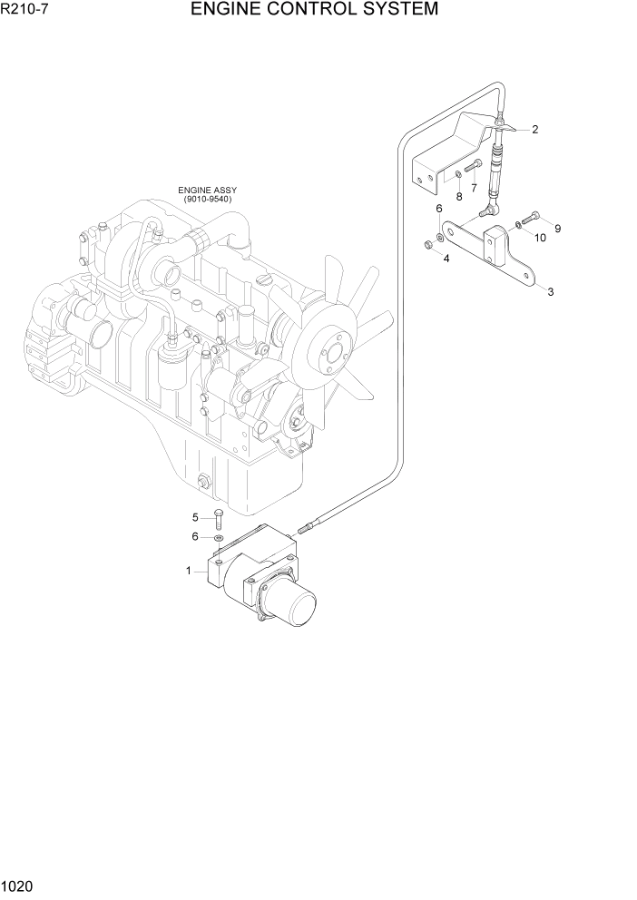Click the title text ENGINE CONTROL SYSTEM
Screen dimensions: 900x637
point(315,10)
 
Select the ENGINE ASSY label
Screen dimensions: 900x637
point(207,191)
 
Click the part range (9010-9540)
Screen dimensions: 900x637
point(207,200)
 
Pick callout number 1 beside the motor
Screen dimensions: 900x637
point(189,571)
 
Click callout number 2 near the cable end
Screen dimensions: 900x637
point(534,129)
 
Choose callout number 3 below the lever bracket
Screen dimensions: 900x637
point(549,291)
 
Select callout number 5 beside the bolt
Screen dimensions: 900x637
point(194,517)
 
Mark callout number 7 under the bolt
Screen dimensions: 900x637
point(473,187)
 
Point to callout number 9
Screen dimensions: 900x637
point(557,229)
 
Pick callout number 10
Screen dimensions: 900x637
point(539,238)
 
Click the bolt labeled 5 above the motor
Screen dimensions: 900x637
point(218,520)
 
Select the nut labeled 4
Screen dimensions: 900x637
point(426,244)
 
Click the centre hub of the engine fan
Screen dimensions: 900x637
point(331,352)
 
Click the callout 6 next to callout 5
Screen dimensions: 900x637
point(194,536)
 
